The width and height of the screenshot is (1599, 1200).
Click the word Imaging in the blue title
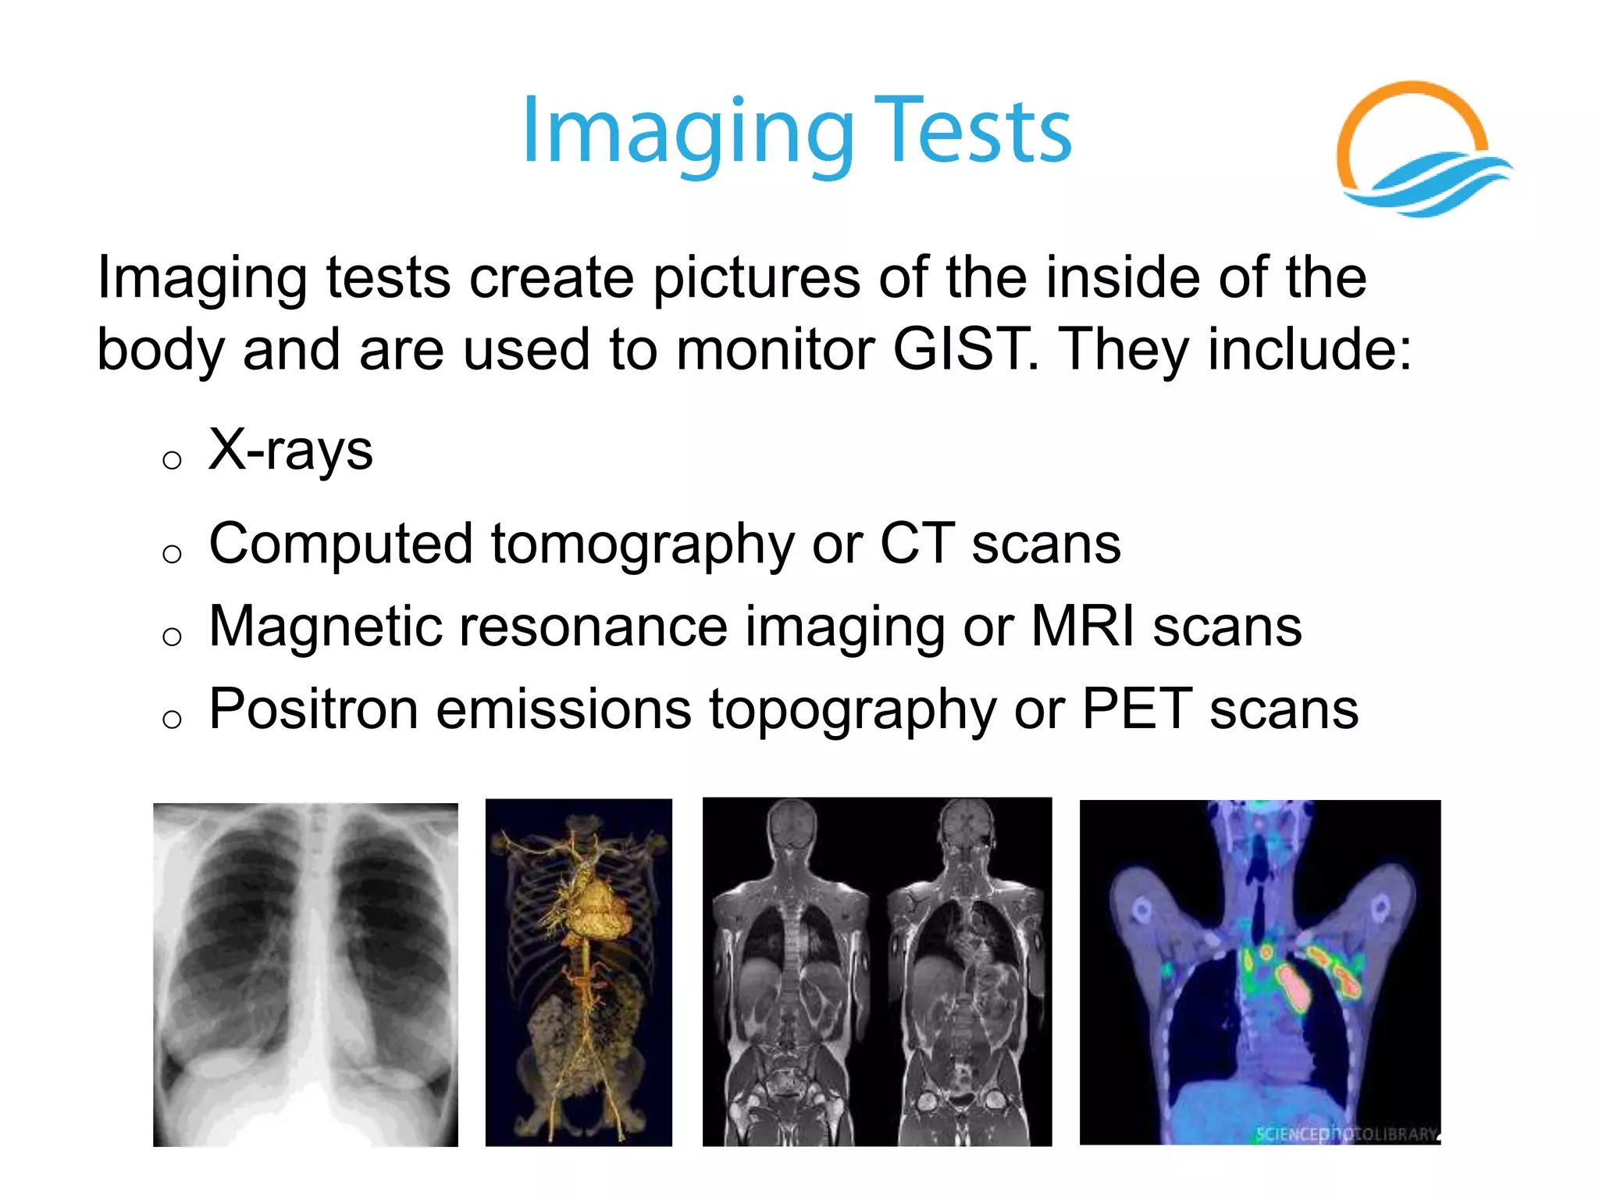click(687, 133)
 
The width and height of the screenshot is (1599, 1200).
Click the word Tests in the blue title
click(973, 133)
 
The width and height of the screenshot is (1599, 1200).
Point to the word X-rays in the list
click(290, 451)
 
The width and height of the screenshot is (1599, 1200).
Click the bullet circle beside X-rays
click(172, 459)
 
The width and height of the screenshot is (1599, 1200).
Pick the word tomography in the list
click(642, 545)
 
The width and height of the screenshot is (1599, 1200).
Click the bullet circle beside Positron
click(172, 719)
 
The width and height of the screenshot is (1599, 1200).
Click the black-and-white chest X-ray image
click(305, 974)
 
